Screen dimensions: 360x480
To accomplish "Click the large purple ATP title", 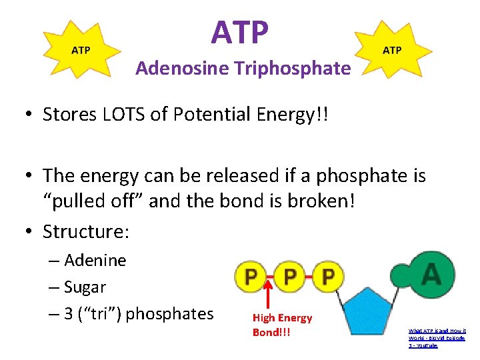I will (x=241, y=31).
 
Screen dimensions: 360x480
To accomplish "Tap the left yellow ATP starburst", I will (x=81, y=51).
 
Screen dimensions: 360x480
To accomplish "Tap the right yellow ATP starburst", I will (x=392, y=51).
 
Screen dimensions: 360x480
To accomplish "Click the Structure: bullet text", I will (x=86, y=231).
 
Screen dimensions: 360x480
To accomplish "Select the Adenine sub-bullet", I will (x=95, y=260).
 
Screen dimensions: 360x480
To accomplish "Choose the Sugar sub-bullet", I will (x=85, y=287).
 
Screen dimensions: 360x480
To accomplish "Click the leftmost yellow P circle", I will (x=251, y=276).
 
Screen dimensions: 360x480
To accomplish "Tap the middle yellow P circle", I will (x=290, y=276).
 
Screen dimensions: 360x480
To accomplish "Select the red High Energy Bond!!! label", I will (x=281, y=325).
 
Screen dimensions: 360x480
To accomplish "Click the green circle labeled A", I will (x=431, y=273).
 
